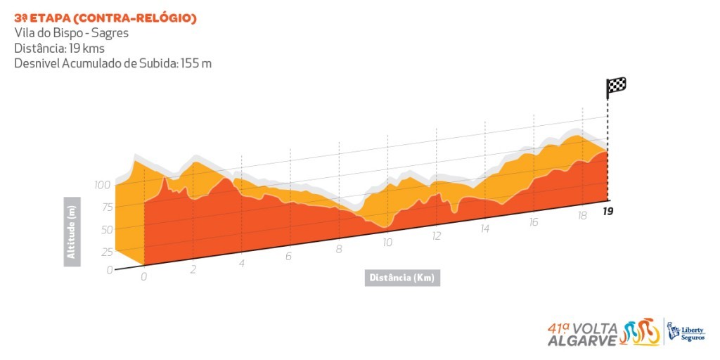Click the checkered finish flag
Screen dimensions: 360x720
click(x=616, y=87)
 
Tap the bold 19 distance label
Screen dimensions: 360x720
click(x=607, y=210)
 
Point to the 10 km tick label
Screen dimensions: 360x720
click(x=387, y=243)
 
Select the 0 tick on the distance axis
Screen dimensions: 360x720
click(x=143, y=276)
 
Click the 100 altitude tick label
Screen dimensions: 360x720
click(x=103, y=185)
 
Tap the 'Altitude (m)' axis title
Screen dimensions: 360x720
click(x=72, y=231)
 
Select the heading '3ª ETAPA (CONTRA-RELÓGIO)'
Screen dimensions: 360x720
click(x=105, y=18)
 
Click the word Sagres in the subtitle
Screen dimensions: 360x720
click(x=109, y=32)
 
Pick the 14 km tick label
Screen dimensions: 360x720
click(x=484, y=229)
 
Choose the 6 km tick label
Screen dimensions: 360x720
click(x=288, y=257)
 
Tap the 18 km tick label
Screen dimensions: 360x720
click(x=581, y=215)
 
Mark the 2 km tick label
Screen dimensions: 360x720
click(x=193, y=270)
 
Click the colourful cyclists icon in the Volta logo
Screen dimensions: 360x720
click(x=640, y=332)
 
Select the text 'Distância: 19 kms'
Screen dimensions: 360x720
click(x=58, y=48)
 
